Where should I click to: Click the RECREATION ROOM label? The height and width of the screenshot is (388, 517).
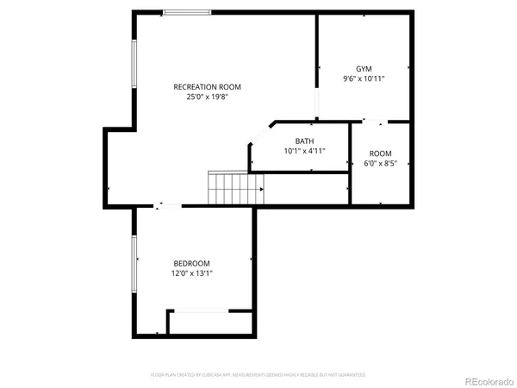pyautogui.click(x=207, y=86)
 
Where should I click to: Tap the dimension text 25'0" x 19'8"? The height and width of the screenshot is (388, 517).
pyautogui.click(x=207, y=97)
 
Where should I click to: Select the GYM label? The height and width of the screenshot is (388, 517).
pyautogui.click(x=363, y=68)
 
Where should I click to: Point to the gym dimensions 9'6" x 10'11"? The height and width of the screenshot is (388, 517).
pyautogui.click(x=363, y=78)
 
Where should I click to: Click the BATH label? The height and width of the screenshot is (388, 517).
pyautogui.click(x=304, y=141)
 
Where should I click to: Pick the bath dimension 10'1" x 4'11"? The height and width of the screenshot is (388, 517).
pyautogui.click(x=304, y=151)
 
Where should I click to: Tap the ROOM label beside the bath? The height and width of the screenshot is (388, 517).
pyautogui.click(x=380, y=153)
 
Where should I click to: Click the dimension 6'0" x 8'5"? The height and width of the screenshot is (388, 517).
pyautogui.click(x=380, y=164)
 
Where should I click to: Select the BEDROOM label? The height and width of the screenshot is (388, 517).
pyautogui.click(x=191, y=263)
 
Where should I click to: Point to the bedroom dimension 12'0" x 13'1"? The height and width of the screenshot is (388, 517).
pyautogui.click(x=191, y=273)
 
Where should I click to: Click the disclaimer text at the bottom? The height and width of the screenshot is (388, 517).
pyautogui.click(x=258, y=375)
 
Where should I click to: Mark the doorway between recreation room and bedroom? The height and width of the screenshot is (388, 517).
pyautogui.click(x=168, y=206)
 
